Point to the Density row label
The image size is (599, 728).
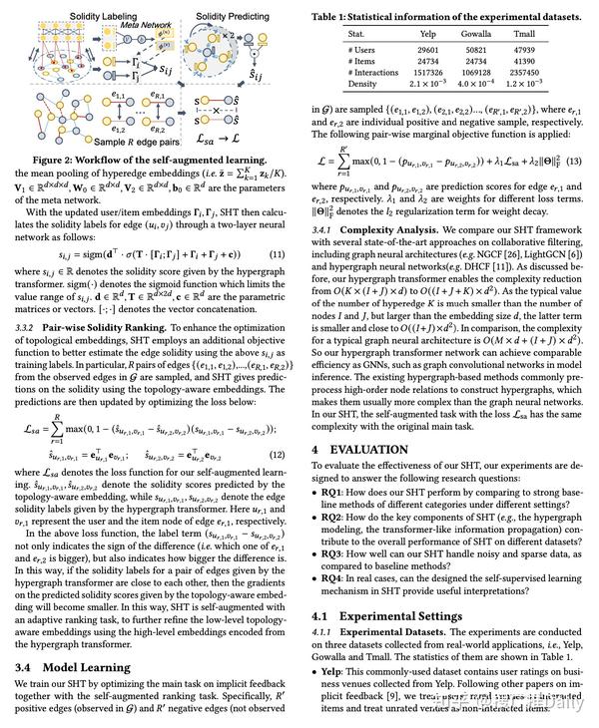click(363, 84)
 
